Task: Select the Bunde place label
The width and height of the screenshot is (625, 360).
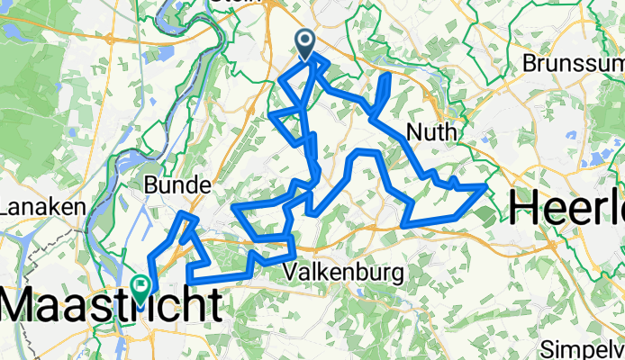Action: click(x=177, y=186)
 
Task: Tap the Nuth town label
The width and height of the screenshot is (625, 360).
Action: click(x=432, y=133)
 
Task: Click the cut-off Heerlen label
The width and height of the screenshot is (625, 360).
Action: click(x=567, y=209)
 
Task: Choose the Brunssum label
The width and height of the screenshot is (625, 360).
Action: click(x=573, y=65)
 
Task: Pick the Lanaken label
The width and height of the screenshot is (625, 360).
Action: click(x=36, y=208)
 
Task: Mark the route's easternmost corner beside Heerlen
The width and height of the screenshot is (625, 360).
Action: click(x=486, y=185)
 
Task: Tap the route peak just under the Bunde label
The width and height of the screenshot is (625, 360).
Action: click(x=185, y=214)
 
